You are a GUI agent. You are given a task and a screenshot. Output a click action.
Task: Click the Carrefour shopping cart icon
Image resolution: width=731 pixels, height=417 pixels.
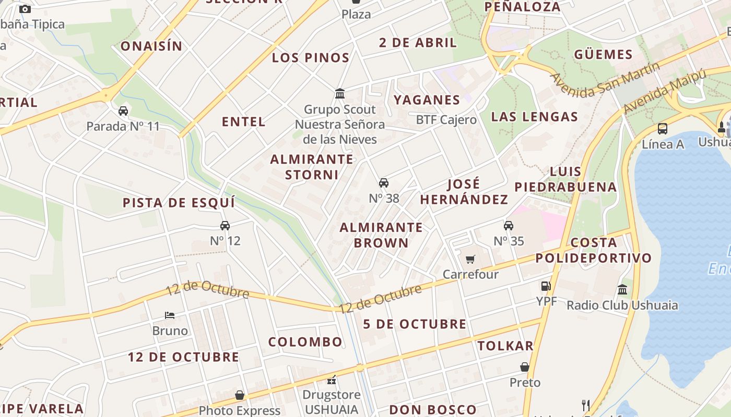pos(470,259)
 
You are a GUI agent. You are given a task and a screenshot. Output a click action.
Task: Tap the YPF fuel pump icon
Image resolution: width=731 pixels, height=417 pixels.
pos(546,286)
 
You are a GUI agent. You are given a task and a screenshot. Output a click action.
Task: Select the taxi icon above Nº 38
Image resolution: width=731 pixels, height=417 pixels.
pos(384,183)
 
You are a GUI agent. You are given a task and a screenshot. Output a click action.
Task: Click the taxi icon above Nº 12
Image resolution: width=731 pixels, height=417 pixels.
pos(225,226)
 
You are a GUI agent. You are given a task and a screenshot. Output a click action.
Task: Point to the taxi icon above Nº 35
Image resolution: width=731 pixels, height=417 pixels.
pos(509,226)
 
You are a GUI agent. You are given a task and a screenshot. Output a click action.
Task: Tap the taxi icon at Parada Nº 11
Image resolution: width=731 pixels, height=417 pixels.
pos(123,111)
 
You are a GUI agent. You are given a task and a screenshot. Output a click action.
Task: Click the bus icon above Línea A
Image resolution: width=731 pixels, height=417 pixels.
pos(663,128)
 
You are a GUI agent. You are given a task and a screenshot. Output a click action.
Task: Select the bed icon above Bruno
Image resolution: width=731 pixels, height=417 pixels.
pos(170,315)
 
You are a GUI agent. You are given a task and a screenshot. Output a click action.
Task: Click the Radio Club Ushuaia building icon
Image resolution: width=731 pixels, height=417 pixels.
pos(622,290)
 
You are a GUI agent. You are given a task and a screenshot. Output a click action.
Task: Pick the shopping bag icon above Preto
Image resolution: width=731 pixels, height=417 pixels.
pos(525,367)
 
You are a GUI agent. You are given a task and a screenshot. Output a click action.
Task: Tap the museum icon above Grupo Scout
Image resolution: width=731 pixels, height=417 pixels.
pos(340,94)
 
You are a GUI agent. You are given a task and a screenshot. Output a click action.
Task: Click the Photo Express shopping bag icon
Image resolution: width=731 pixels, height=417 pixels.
pos(240,396)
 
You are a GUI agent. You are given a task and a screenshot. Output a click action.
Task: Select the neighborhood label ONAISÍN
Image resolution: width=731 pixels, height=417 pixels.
pos(151,46)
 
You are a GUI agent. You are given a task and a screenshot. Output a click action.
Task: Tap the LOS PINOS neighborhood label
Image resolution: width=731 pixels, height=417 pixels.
pos(311,57)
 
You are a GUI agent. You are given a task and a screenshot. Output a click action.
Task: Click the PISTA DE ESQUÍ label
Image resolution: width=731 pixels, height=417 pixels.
pos(179,202)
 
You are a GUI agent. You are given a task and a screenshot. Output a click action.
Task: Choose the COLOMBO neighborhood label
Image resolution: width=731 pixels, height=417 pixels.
pos(305,342)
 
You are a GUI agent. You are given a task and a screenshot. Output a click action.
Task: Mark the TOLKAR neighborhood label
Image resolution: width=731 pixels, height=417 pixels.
pos(505,346)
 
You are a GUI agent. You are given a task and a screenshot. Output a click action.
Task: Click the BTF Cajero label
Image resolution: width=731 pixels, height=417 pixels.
pos(446,120)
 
